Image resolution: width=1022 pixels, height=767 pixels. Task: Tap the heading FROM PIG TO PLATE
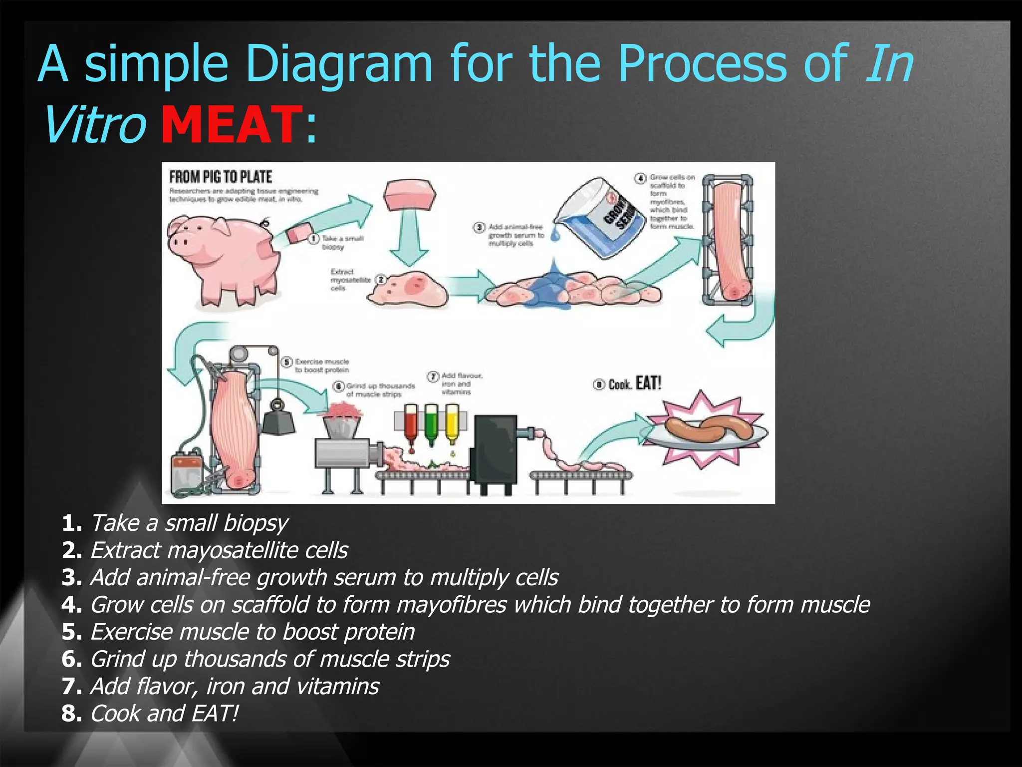(x=220, y=177)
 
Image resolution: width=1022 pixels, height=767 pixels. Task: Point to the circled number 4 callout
(x=640, y=178)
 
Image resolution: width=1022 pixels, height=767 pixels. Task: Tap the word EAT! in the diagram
(x=648, y=383)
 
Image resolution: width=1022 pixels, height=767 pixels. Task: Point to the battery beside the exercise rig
(x=186, y=472)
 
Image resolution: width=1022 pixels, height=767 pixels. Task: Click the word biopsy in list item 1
(x=255, y=523)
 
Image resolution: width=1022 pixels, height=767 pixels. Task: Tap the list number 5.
(x=70, y=632)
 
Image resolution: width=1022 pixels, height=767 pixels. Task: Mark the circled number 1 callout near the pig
(x=313, y=239)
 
